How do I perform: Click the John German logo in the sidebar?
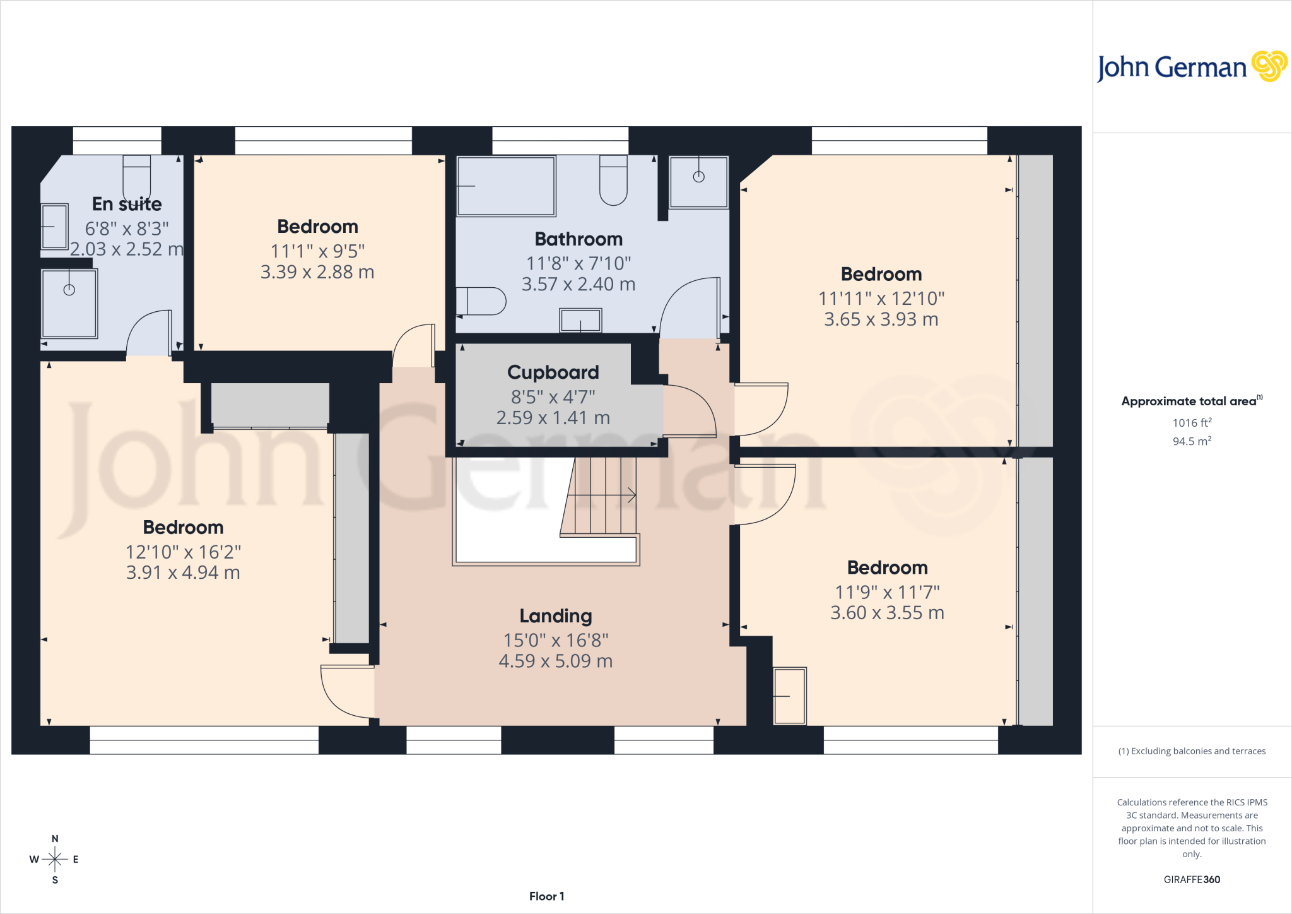(x=1192, y=67)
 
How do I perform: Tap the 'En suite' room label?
(x=127, y=204)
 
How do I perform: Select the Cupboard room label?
(x=553, y=372)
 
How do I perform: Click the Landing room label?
(x=556, y=615)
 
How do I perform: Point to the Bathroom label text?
(x=578, y=239)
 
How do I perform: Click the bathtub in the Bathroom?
(x=506, y=186)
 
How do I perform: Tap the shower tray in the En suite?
(x=69, y=303)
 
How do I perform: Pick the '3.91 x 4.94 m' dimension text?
(x=183, y=573)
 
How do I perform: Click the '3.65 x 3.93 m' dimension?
(x=881, y=319)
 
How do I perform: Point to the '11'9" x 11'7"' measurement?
(x=888, y=592)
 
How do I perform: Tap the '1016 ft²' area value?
(x=1192, y=422)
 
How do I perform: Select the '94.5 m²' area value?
(x=1192, y=441)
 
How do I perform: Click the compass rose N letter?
(x=55, y=839)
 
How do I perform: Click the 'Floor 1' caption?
(x=547, y=896)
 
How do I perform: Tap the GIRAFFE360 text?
(x=1192, y=879)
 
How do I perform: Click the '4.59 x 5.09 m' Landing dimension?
(x=556, y=661)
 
